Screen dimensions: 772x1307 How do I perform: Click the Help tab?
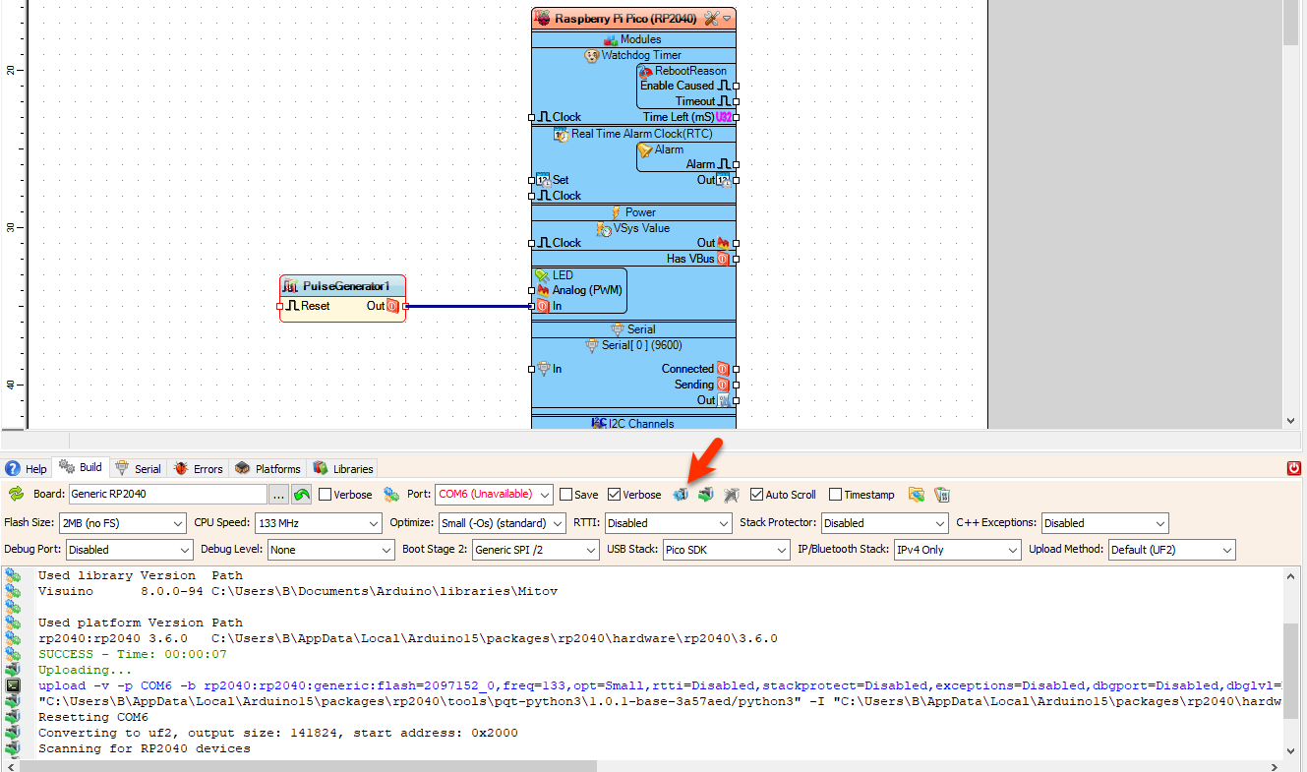[27, 469]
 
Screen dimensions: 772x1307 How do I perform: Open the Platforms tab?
[267, 469]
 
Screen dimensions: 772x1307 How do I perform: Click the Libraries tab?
[343, 469]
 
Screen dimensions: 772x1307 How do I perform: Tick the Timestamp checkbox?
[836, 495]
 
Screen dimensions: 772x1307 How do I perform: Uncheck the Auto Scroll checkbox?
[757, 495]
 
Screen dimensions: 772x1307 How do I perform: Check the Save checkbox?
[566, 495]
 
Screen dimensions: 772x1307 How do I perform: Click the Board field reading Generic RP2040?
[167, 494]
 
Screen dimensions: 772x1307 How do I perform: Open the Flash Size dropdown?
[122, 523]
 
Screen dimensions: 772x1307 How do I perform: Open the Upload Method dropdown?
[1171, 550]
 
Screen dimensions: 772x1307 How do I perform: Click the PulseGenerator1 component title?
[346, 286]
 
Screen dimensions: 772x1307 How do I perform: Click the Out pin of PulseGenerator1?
[391, 306]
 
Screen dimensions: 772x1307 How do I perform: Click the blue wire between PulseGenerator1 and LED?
[468, 306]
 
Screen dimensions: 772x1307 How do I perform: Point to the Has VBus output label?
[689, 259]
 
